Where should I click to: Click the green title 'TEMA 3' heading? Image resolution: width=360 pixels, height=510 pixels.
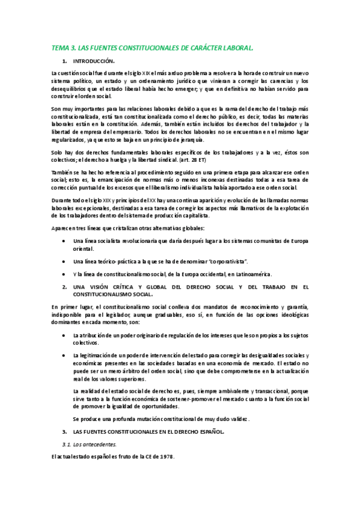click(x=153, y=46)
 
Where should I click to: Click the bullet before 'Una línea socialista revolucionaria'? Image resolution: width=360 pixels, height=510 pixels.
click(x=64, y=241)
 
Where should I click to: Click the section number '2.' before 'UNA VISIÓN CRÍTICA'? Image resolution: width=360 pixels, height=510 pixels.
click(x=65, y=287)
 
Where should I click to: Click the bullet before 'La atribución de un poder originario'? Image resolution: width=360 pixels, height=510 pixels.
click(x=64, y=335)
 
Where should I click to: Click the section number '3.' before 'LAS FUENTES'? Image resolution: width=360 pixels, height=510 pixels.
click(x=65, y=432)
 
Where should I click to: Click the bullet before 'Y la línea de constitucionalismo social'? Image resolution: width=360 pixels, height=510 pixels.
click(x=64, y=274)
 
